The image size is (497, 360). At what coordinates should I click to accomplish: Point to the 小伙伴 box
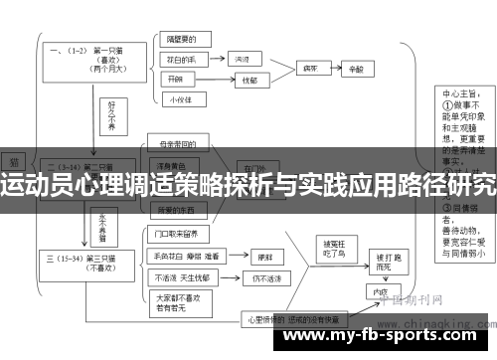tap(180, 99)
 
